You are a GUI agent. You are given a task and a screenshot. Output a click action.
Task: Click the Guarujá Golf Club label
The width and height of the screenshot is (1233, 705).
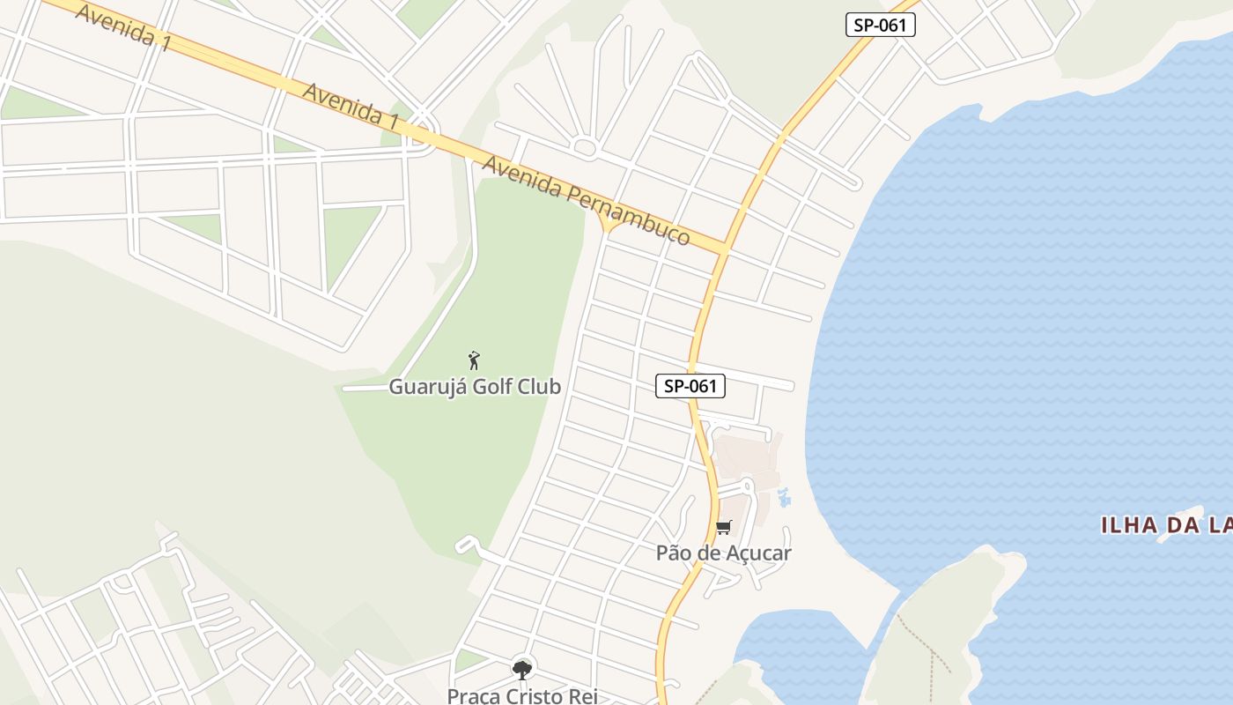click(475, 386)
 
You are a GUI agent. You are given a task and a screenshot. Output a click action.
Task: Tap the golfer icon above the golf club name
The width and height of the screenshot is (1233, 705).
click(474, 360)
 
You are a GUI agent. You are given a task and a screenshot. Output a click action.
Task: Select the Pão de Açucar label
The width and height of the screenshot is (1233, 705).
click(723, 553)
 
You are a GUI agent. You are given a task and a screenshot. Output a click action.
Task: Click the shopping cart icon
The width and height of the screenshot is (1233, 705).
click(723, 527)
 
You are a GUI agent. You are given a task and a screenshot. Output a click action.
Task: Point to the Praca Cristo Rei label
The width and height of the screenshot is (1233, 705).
click(522, 695)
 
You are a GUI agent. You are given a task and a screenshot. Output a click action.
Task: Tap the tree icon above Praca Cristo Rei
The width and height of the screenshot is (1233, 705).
click(522, 670)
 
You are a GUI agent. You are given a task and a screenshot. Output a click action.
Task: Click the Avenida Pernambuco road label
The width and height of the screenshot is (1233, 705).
click(585, 199)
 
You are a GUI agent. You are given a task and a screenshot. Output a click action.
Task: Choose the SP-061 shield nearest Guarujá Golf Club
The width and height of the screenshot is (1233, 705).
click(690, 385)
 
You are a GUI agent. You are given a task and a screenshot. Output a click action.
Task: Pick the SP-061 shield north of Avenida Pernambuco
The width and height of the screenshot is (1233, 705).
click(880, 25)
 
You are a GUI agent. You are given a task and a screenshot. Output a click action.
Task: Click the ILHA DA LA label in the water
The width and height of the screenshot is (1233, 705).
click(1166, 526)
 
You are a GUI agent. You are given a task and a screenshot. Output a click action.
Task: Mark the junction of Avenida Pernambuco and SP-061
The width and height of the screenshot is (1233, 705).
click(724, 249)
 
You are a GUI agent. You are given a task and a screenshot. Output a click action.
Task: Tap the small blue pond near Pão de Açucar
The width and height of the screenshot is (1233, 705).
click(782, 499)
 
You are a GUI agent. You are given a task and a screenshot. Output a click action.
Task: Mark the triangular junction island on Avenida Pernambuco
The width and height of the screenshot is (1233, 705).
click(609, 226)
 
